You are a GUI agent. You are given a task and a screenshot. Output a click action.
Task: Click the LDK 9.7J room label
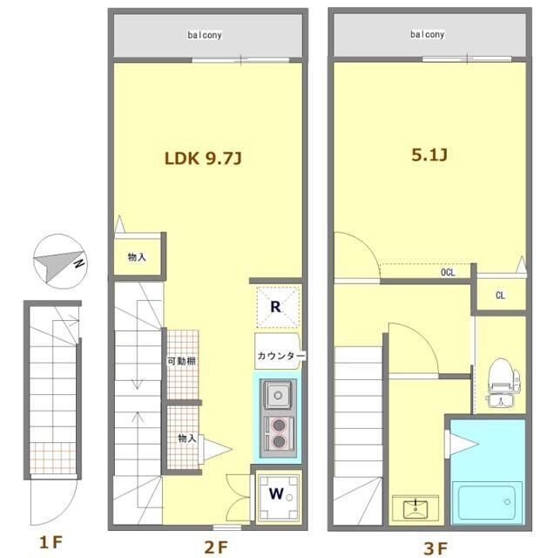click(x=203, y=158)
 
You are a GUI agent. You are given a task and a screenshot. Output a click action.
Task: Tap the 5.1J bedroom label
click(x=429, y=155)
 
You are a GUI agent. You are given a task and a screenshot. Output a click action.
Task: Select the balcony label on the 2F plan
click(x=205, y=35)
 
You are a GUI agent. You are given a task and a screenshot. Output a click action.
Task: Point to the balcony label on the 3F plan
click(x=428, y=35)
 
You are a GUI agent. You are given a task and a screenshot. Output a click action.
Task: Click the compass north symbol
click(x=60, y=262)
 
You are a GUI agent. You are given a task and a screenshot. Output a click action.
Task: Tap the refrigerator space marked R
click(x=278, y=307)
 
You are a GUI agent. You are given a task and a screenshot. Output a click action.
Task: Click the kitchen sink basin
click(x=279, y=395)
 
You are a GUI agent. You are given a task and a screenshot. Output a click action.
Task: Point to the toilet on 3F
click(x=503, y=382)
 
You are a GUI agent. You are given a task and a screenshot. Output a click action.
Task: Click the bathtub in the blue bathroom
click(x=487, y=502)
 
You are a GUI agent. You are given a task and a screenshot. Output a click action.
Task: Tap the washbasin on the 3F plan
click(x=415, y=508)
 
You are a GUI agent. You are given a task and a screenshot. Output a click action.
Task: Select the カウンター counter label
click(x=280, y=356)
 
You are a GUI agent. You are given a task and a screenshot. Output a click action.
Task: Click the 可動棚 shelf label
click(x=182, y=361)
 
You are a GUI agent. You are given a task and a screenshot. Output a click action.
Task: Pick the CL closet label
click(x=500, y=295)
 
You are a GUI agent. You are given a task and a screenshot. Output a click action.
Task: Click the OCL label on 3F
click(x=448, y=272)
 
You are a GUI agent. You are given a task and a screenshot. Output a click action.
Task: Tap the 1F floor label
click(x=51, y=542)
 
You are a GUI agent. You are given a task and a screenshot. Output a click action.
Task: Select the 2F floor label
click(x=216, y=547)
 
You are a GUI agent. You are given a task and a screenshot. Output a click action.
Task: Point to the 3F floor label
click(x=435, y=548)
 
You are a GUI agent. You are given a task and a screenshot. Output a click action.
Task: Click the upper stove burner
click(x=279, y=425)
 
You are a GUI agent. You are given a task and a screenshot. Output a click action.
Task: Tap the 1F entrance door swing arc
click(x=64, y=513)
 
